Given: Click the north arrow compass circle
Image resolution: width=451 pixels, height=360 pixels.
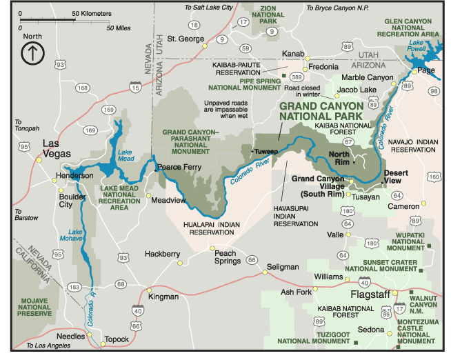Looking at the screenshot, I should tap(32, 53).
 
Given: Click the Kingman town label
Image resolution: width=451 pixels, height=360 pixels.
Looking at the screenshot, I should tap(164, 297).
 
